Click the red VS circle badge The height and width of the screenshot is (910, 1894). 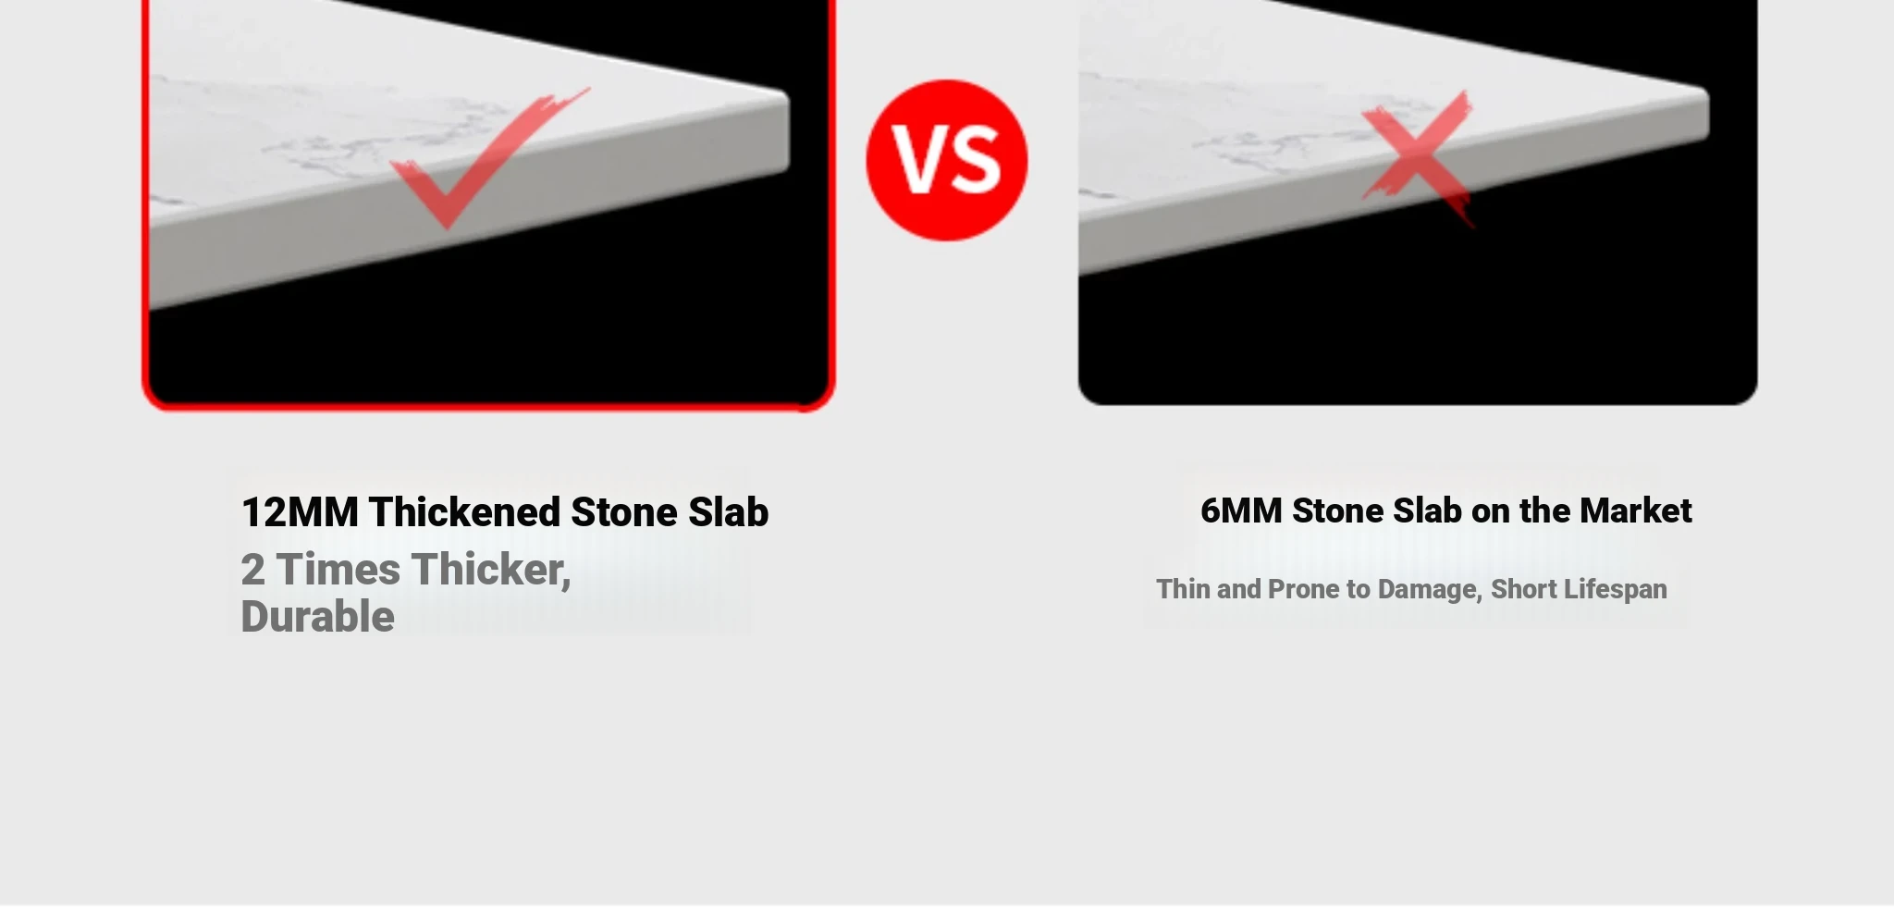[x=946, y=160]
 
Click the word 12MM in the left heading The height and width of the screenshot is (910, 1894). [x=300, y=512]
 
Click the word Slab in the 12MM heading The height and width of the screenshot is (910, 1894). [x=729, y=512]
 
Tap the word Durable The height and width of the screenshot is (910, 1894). [x=317, y=617]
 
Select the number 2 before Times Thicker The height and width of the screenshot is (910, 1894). [x=252, y=570]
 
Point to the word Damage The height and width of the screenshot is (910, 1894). [x=1430, y=590]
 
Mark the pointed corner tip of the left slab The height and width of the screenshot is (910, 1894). [x=787, y=94]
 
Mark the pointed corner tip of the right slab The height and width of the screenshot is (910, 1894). [x=1706, y=90]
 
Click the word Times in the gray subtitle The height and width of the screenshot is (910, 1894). [x=338, y=570]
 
